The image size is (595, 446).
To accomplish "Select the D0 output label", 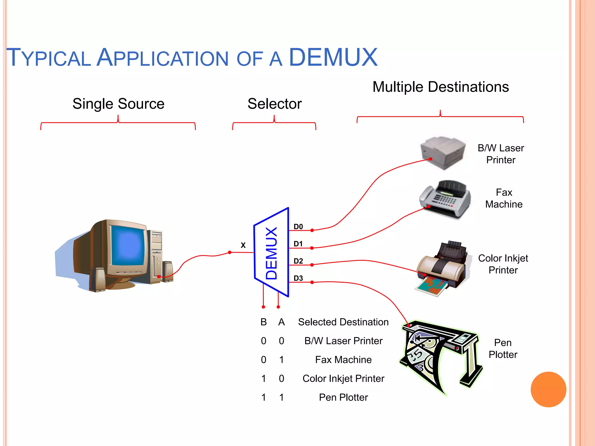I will (x=298, y=226).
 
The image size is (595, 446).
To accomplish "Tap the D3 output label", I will (x=298, y=278).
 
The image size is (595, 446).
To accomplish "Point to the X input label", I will (x=243, y=245).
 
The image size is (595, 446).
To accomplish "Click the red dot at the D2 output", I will (x=312, y=265).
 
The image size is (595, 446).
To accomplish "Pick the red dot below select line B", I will (x=263, y=307).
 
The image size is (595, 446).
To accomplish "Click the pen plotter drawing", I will (x=440, y=356).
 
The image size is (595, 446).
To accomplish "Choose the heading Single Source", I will (x=118, y=104).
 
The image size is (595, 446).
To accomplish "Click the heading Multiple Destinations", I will (x=440, y=87).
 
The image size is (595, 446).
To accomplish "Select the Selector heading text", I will (x=275, y=104).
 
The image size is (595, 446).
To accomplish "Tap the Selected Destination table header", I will (x=343, y=322).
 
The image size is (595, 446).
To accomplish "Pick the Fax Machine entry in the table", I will (x=343, y=360).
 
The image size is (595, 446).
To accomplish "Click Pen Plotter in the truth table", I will (x=343, y=397).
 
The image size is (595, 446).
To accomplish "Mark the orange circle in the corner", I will (x=548, y=389).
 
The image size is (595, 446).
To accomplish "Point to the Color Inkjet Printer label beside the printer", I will (x=503, y=264).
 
